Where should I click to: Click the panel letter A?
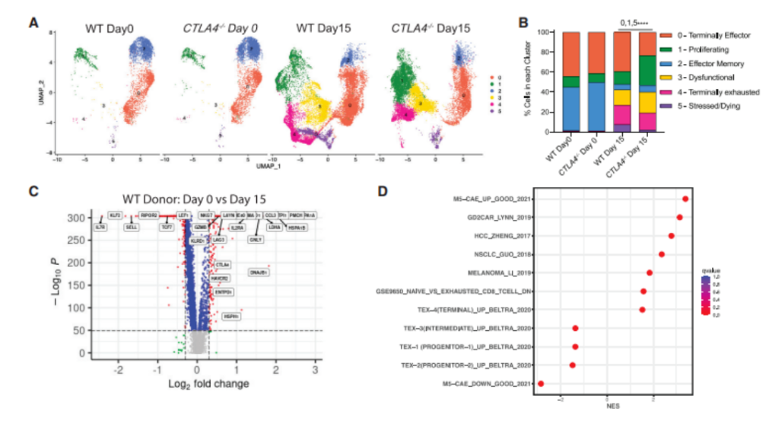pyautogui.click(x=33, y=23)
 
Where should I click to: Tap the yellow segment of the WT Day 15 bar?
pyautogui.click(x=622, y=97)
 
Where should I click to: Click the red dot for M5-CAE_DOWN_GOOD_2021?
pyautogui.click(x=541, y=384)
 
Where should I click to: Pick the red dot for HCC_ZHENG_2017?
pyautogui.click(x=671, y=236)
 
